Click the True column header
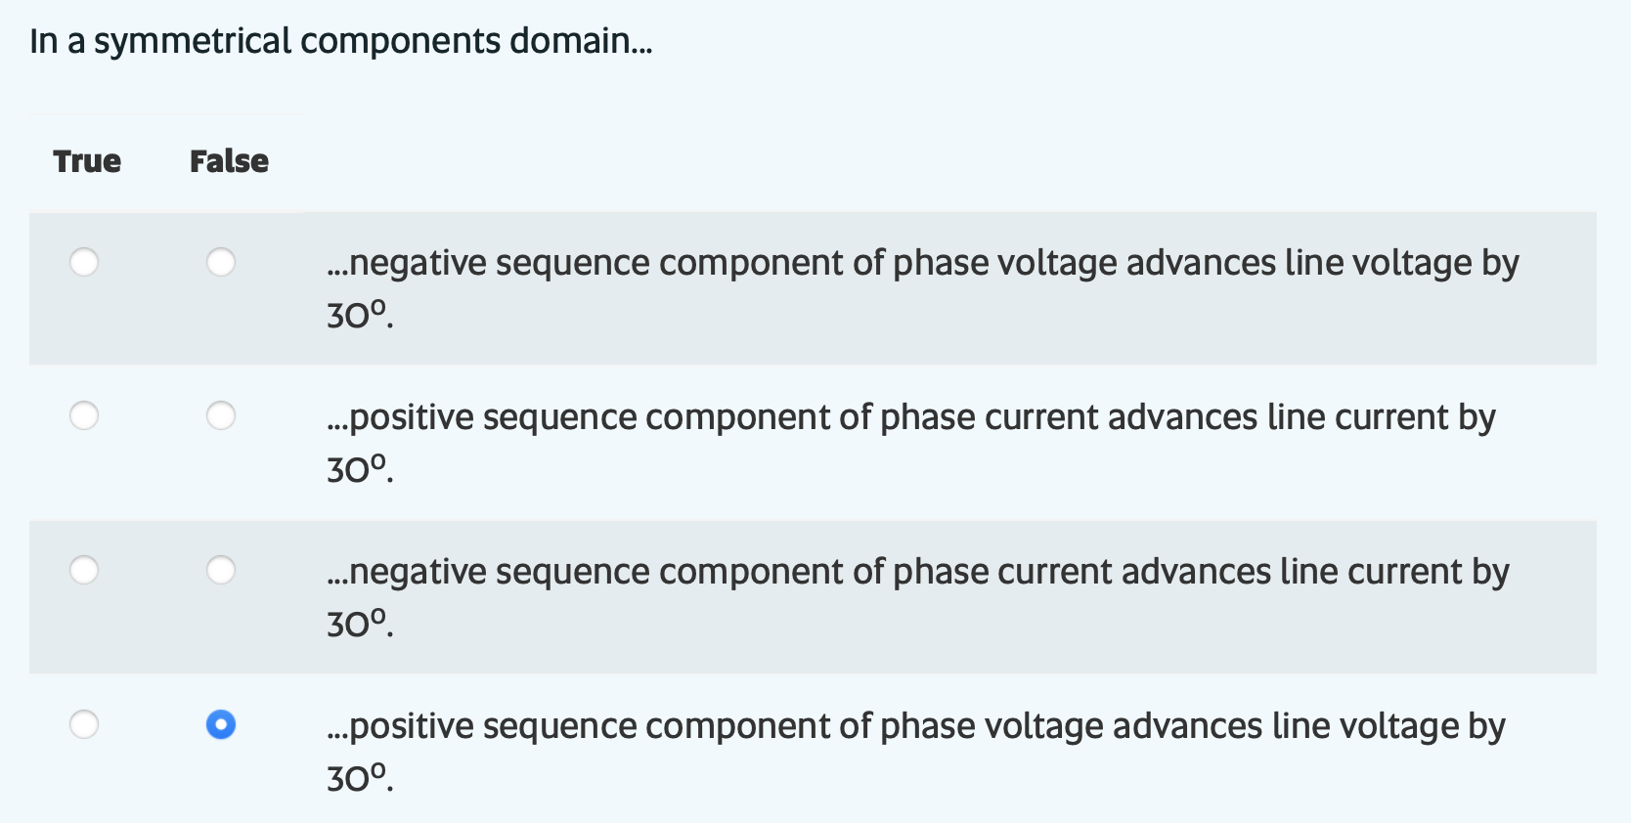click(x=87, y=161)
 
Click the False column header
click(x=229, y=161)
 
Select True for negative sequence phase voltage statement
click(x=84, y=262)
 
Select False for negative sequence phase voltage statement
click(x=221, y=262)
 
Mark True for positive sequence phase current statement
click(x=84, y=415)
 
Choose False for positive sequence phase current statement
click(x=221, y=415)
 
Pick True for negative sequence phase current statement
click(x=84, y=570)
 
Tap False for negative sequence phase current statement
click(x=221, y=570)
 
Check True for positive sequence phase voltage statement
click(x=84, y=724)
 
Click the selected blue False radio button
click(x=221, y=724)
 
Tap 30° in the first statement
click(x=358, y=315)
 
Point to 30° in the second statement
click(x=358, y=469)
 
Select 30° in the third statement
click(x=358, y=624)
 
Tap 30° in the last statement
click(x=358, y=778)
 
